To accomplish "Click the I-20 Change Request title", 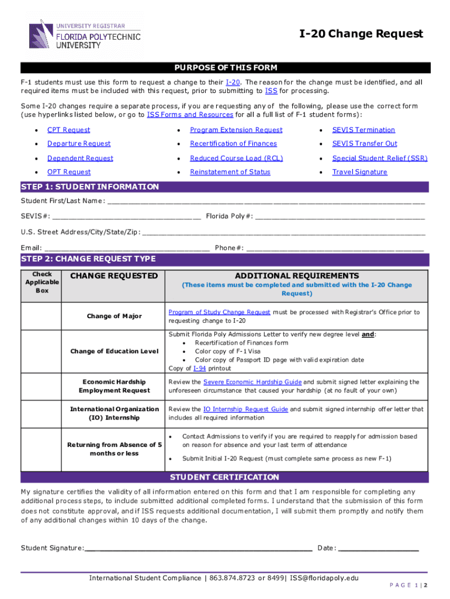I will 361,34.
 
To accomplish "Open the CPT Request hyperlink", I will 68,130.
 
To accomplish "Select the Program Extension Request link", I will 236,130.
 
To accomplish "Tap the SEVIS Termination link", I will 364,130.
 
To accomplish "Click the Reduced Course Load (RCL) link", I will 236,158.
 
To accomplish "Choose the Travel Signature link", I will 359,172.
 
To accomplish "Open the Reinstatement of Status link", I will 230,172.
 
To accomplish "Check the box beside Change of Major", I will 42,316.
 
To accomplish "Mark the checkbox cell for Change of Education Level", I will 42,351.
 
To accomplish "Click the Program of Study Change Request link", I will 219,312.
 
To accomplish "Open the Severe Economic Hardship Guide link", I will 252,382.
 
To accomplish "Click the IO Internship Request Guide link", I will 245,409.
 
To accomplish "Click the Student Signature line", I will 199,548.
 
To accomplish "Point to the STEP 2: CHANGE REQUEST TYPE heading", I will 88,259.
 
